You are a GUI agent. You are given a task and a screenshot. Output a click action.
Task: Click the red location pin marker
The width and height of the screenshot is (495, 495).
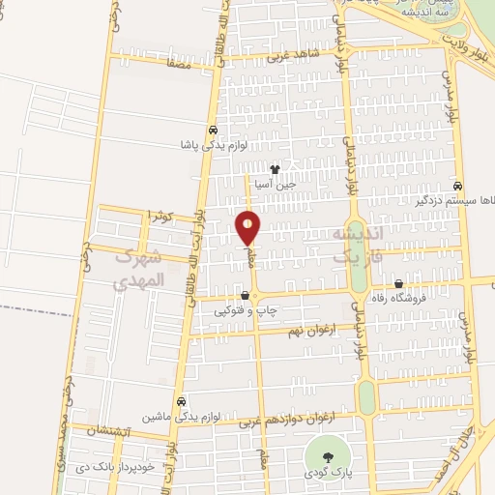248,229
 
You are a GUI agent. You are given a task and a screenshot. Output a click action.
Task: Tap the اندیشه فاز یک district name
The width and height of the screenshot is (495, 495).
358,247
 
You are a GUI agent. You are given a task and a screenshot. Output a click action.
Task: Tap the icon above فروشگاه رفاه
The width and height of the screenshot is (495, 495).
399,283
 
